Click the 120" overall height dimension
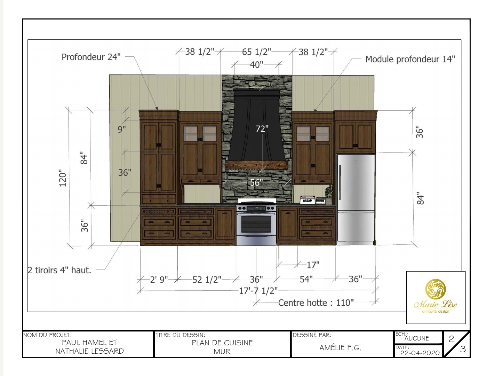pos(63,178)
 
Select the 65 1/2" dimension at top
pos(256,52)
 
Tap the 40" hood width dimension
pos(257,64)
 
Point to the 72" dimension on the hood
pos(262,129)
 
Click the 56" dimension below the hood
pos(256,182)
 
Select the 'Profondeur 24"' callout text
pos(91,57)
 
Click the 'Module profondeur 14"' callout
pos(410,59)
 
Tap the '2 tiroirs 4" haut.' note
pos(59,270)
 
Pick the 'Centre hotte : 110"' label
pos(316,303)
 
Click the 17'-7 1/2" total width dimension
pos(258,291)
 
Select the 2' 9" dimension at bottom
pos(159,280)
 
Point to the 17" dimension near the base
pos(313,265)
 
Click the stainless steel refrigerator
pos(356,198)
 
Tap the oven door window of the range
pos(256,224)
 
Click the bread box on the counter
pos(308,200)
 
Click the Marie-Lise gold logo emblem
pos(435,289)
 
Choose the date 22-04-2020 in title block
pos(420,353)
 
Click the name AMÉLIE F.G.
pos(340,347)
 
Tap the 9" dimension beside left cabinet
pos(121,129)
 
